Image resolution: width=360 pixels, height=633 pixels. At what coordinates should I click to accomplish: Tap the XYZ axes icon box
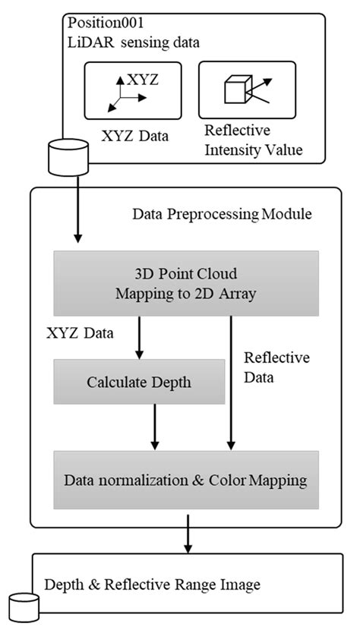(122, 90)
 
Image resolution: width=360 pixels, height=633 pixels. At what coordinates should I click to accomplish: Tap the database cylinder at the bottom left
(22, 608)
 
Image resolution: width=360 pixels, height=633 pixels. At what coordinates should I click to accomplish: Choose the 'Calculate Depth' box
(139, 383)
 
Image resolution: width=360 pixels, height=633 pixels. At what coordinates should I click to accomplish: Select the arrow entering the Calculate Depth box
(139, 337)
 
